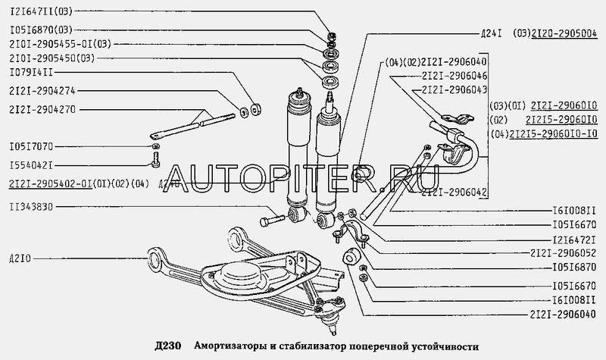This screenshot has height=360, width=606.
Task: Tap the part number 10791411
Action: (x=31, y=72)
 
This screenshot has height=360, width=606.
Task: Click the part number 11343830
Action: (x=31, y=206)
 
